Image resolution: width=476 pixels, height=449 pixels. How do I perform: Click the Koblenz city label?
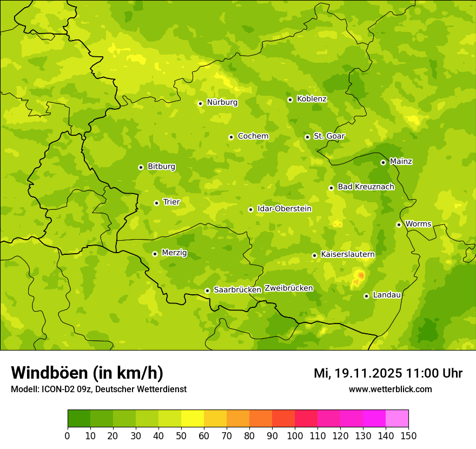click(312, 99)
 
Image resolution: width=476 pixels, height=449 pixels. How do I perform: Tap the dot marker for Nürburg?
click(200, 103)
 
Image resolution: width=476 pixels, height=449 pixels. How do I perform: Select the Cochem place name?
click(253, 136)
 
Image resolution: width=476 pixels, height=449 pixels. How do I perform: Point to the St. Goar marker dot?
click(307, 137)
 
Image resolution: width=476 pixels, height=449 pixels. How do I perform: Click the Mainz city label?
click(401, 161)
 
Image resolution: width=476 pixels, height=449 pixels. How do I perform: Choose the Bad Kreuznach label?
click(366, 187)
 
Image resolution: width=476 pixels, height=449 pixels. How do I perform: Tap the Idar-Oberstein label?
click(285, 209)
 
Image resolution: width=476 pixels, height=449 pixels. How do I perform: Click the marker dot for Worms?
click(399, 225)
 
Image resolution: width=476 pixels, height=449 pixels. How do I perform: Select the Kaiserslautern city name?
click(348, 254)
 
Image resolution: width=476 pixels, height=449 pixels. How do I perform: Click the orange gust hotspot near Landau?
click(361, 276)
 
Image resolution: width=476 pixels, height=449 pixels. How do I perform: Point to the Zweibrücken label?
click(288, 288)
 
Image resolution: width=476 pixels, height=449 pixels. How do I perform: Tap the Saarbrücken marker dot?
click(207, 290)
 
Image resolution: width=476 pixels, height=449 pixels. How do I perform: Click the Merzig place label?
click(174, 253)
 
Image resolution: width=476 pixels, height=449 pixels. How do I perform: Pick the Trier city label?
click(171, 202)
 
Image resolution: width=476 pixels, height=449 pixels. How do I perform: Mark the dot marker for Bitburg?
click(141, 167)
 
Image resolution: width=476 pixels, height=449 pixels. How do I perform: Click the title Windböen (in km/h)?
click(87, 373)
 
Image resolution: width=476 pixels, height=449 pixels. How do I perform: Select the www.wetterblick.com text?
click(390, 389)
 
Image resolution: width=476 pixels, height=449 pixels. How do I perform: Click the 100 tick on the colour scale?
click(295, 435)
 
